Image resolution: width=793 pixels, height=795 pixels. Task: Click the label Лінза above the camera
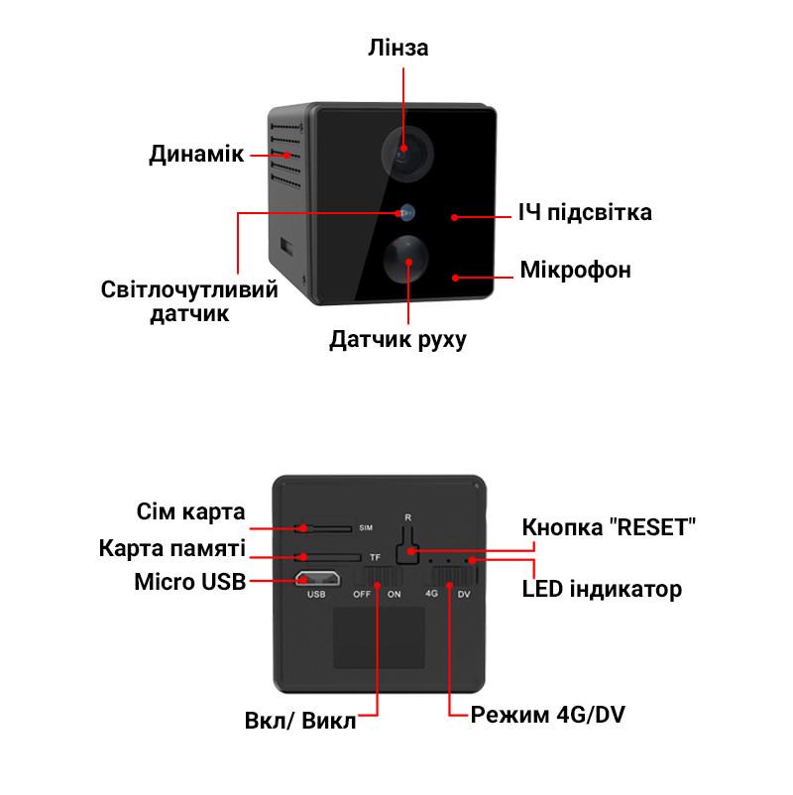[398, 48]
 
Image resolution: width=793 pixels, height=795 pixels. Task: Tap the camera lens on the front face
[407, 153]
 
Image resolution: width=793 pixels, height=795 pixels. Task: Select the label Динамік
[196, 154]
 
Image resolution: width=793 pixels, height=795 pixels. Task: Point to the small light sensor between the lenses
[406, 213]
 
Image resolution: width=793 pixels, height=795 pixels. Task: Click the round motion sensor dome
[406, 259]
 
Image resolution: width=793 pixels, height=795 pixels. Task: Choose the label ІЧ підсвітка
[585, 212]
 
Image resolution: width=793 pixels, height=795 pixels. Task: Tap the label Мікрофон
[576, 271]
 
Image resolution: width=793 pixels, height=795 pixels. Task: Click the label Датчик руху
[398, 339]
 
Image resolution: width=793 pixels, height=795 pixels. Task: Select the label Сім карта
[190, 511]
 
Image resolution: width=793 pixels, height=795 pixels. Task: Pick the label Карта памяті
[172, 548]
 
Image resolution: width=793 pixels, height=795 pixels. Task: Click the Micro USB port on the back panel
[318, 579]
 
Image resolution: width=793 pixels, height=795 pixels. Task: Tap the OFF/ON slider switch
[379, 577]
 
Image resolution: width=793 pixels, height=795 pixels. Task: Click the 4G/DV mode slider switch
[454, 576]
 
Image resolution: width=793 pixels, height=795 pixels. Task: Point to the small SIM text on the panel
[366, 527]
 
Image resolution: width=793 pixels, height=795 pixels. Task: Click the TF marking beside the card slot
[375, 557]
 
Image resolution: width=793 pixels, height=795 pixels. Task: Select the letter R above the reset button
[407, 517]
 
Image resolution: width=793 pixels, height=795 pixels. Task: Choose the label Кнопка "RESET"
[609, 527]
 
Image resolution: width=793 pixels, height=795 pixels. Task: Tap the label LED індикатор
[602, 590]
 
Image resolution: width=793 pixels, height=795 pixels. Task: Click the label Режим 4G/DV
[547, 715]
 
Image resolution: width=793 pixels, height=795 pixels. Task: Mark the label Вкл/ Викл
[300, 721]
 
